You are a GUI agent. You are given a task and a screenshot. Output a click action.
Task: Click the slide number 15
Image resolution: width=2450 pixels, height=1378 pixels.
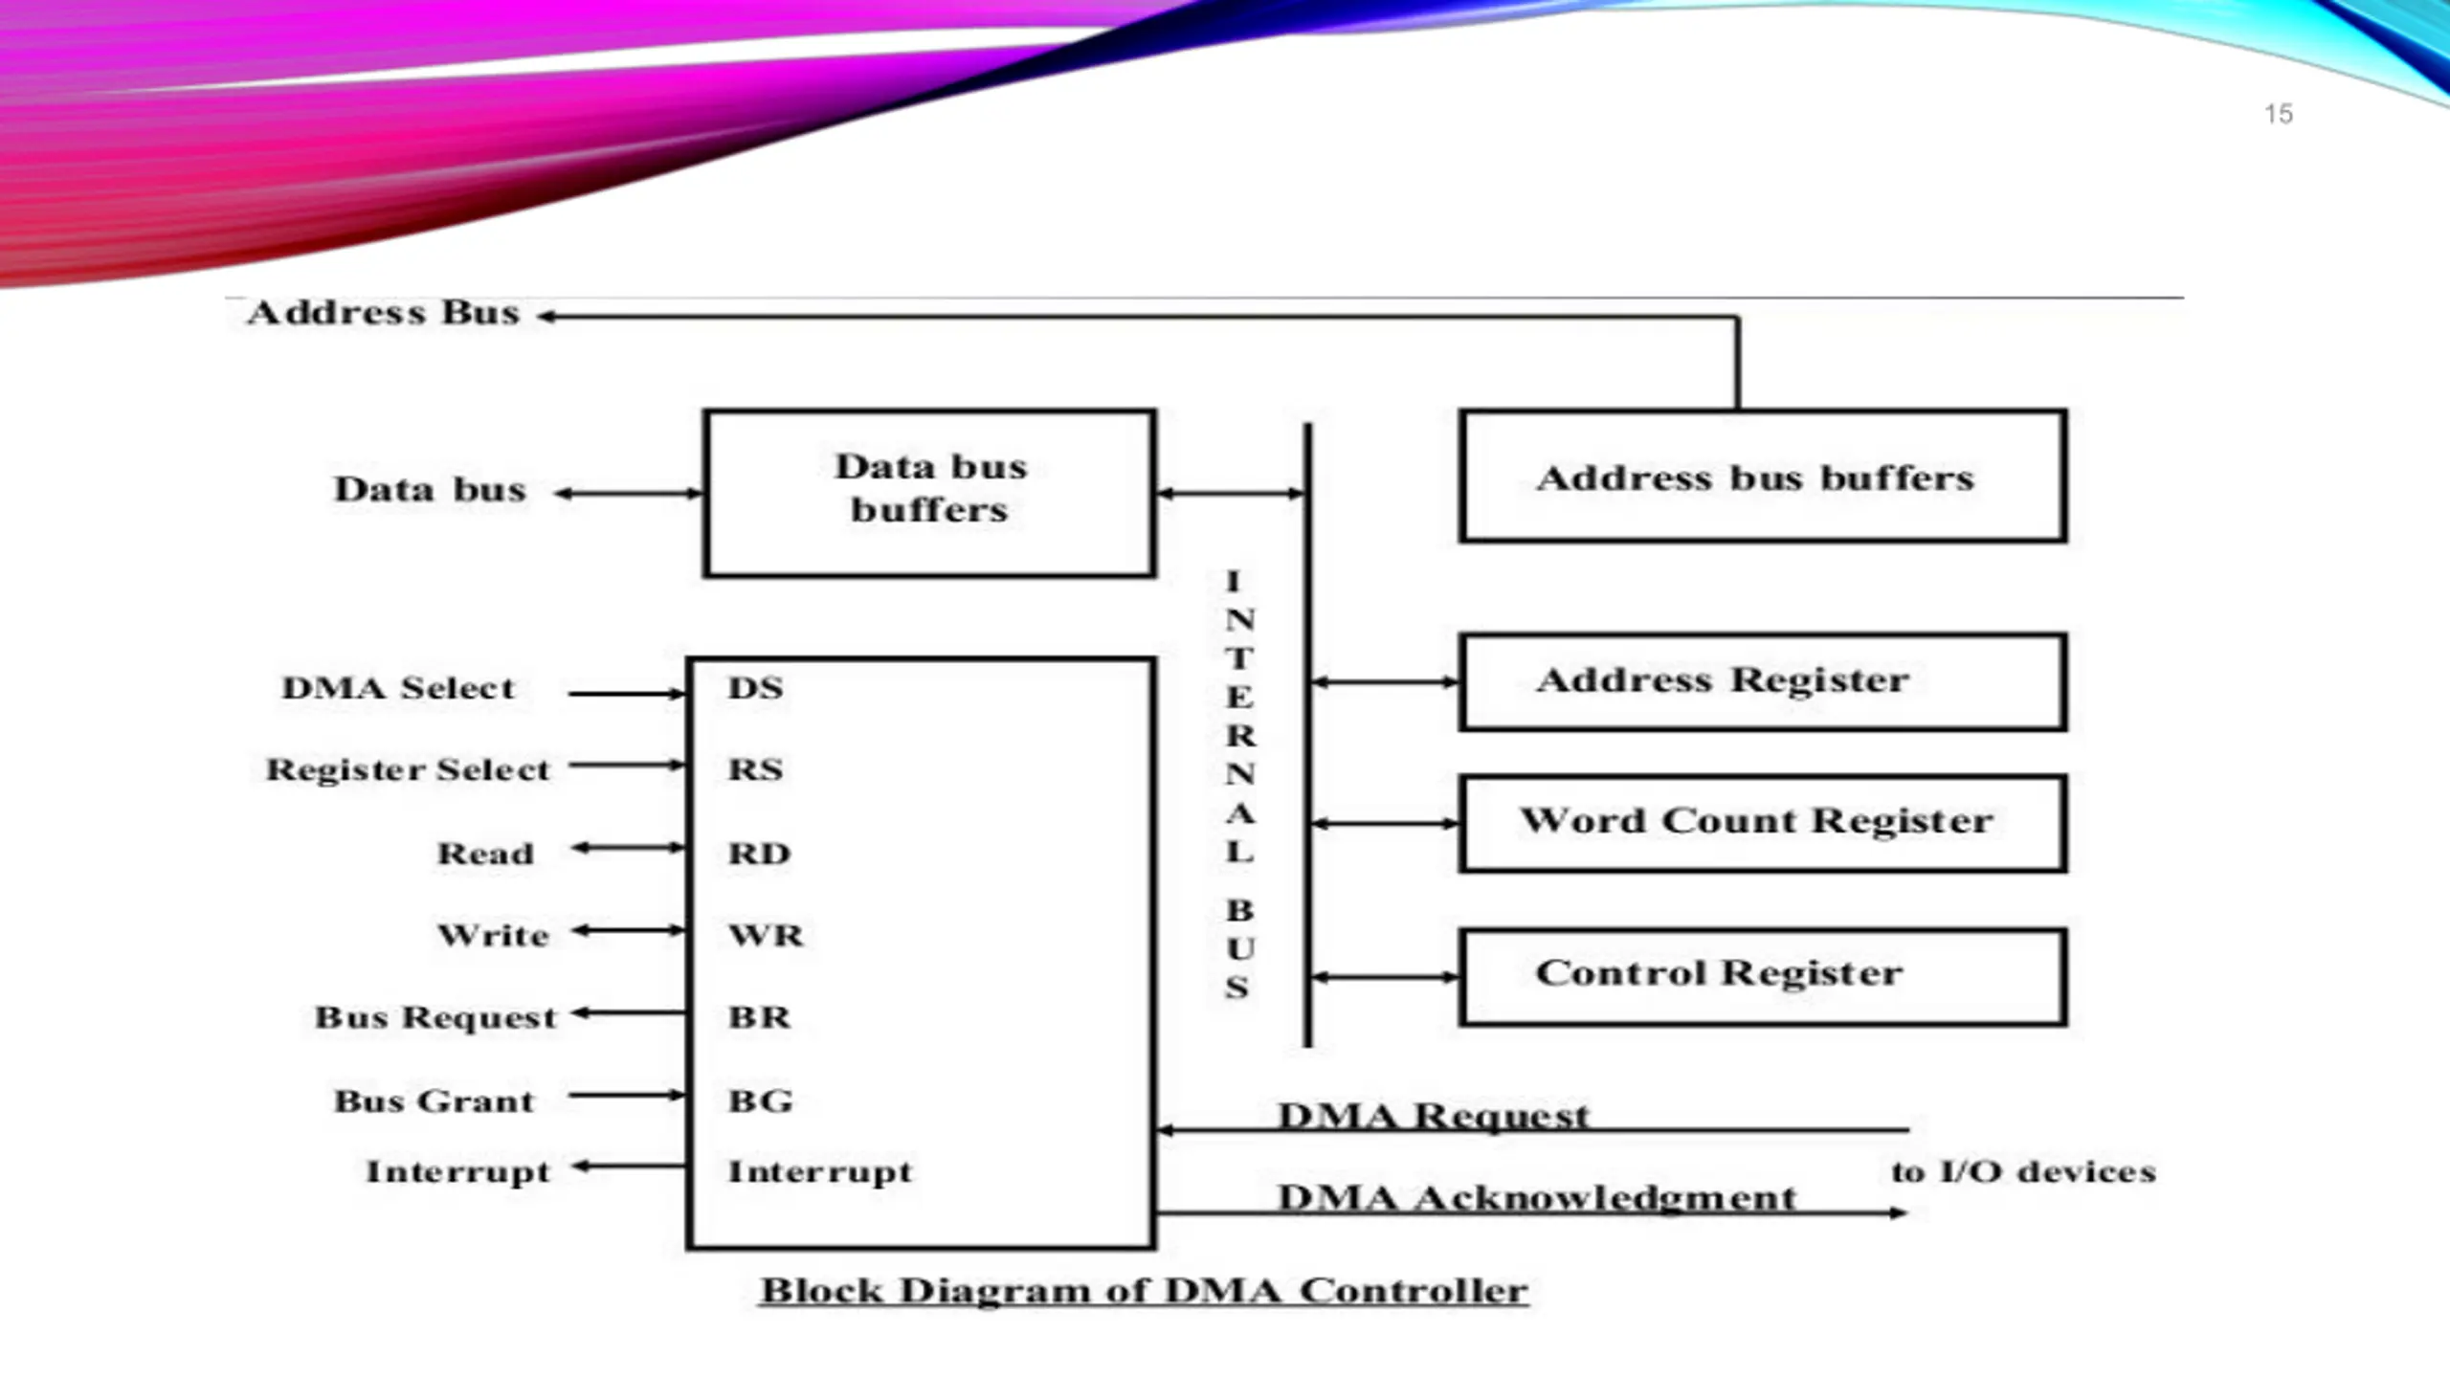tap(2278, 114)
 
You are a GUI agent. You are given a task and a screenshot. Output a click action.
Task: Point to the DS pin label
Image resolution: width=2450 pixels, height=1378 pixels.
tap(756, 687)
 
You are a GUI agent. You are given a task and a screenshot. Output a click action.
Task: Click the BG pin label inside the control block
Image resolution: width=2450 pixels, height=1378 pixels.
tap(761, 1100)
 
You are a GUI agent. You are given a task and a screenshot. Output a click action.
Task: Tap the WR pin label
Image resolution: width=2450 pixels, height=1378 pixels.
tap(766, 934)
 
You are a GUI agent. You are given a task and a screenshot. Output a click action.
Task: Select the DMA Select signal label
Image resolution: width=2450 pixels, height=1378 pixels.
tap(398, 687)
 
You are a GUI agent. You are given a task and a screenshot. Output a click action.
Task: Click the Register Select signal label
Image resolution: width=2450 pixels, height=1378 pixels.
tap(408, 769)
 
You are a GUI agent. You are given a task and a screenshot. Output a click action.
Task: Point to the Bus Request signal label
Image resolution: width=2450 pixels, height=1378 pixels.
tap(435, 1017)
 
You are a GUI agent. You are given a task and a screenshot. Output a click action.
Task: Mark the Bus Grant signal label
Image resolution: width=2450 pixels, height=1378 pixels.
tap(434, 1100)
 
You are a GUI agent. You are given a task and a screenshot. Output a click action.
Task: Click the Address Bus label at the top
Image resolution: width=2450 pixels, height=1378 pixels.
tap(383, 312)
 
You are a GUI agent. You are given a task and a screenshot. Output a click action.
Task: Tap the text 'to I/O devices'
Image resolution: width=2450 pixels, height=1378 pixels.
tap(2023, 1171)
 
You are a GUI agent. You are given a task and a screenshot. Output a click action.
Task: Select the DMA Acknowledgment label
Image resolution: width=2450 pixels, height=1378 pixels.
tap(1537, 1197)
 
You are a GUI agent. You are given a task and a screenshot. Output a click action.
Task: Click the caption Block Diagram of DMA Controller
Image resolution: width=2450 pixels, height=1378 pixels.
tap(1144, 1290)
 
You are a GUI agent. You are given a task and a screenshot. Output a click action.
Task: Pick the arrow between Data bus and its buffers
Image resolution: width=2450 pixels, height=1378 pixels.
tap(629, 494)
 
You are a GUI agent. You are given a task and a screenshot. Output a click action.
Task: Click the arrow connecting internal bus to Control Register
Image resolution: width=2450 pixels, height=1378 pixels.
tap(1385, 977)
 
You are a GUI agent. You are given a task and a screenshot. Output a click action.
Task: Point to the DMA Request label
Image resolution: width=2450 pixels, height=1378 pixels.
tap(1433, 1115)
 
